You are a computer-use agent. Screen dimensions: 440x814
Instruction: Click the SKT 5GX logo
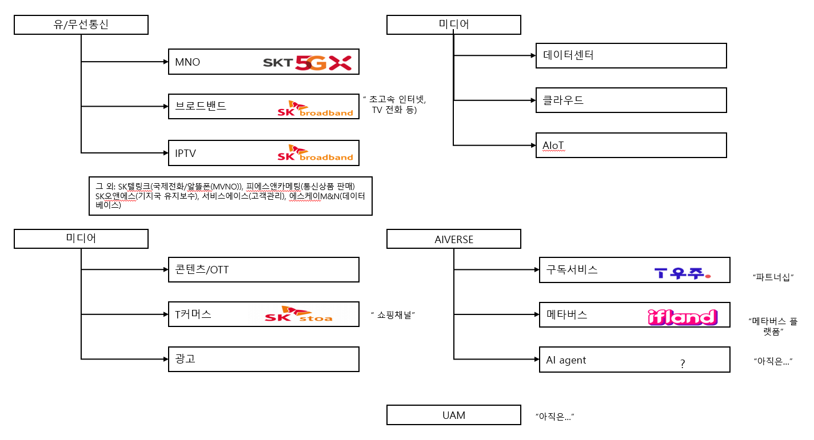pos(307,63)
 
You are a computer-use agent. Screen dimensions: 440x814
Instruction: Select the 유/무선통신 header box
pos(81,25)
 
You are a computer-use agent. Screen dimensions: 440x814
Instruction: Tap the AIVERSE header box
pos(453,239)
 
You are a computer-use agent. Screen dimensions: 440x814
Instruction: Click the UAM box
pos(453,415)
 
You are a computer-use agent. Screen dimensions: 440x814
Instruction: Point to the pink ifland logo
pos(682,317)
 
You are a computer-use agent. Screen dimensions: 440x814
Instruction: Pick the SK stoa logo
pos(298,314)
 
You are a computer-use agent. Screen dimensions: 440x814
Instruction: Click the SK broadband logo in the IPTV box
pos(315,153)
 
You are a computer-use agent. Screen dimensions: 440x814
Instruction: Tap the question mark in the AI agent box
pos(683,364)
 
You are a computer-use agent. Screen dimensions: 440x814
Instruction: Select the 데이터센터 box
pos(631,55)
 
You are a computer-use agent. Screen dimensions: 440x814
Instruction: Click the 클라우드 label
pos(563,100)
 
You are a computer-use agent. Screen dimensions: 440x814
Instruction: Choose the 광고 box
pos(264,359)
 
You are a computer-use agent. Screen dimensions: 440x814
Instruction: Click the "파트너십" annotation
pos(774,277)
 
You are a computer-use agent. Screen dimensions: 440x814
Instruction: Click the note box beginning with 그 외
pos(230,196)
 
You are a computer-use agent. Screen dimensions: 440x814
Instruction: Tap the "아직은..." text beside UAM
pos(554,417)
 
